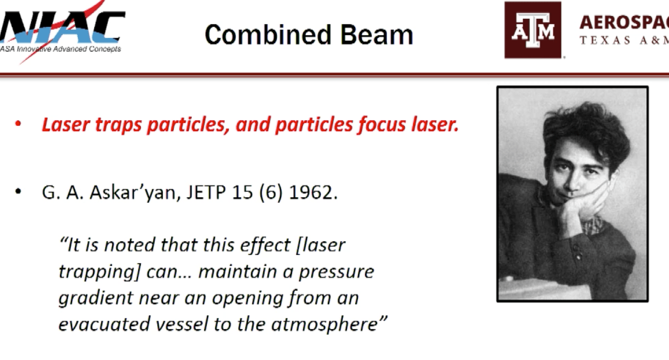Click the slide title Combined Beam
click(x=308, y=35)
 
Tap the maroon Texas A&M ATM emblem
click(x=533, y=30)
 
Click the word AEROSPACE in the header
click(x=624, y=22)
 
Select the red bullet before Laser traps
click(x=18, y=125)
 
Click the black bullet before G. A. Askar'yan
click(x=18, y=193)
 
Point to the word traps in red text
click(x=121, y=125)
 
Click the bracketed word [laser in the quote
click(x=320, y=245)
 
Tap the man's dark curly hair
click(x=585, y=126)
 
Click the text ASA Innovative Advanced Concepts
click(x=61, y=49)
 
